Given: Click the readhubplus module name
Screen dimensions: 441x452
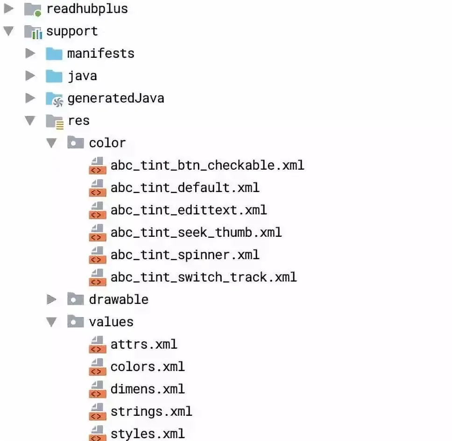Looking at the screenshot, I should pyautogui.click(x=87, y=9).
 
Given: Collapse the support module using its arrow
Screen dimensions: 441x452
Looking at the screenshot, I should pyautogui.click(x=9, y=32).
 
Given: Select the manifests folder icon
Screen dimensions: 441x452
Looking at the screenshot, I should pyautogui.click(x=54, y=54).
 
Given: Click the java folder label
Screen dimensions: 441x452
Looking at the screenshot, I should pyautogui.click(x=82, y=76).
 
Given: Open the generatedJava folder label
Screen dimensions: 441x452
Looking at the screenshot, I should pyautogui.click(x=115, y=98).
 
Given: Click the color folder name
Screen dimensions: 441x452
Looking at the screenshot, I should pyautogui.click(x=107, y=143).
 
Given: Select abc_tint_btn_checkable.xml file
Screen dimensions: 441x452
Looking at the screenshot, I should pyautogui.click(x=207, y=165).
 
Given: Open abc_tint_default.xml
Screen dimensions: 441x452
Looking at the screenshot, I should pyautogui.click(x=184, y=187).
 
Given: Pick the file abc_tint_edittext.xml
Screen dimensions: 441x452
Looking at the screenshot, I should pyautogui.click(x=188, y=210).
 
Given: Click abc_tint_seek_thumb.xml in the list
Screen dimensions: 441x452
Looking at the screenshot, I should pyautogui.click(x=196, y=232).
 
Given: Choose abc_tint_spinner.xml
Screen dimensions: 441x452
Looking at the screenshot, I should pyautogui.click(x=184, y=255).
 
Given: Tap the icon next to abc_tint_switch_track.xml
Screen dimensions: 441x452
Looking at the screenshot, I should pyautogui.click(x=97, y=277).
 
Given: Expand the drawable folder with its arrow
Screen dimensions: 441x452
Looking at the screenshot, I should pyautogui.click(x=52, y=299).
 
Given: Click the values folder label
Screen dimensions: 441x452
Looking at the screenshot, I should pyautogui.click(x=111, y=322).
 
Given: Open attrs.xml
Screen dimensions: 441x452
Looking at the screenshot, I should pyautogui.click(x=143, y=344).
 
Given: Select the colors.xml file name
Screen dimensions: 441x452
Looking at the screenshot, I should pyautogui.click(x=147, y=366).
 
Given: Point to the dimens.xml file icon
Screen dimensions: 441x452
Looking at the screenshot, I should pyautogui.click(x=97, y=389).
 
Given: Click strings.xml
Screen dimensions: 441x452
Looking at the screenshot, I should pyautogui.click(x=151, y=411).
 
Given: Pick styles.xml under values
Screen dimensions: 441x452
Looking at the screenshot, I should pyautogui.click(x=147, y=433).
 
